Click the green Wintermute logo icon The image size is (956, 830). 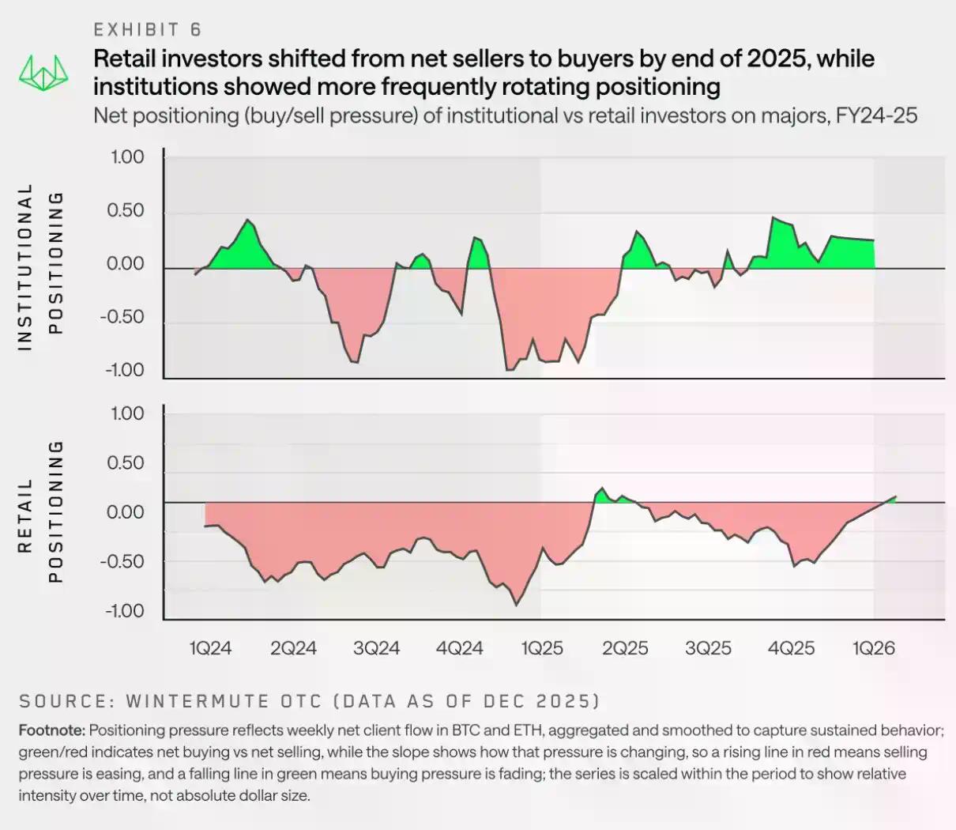43,73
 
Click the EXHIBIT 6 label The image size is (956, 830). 148,30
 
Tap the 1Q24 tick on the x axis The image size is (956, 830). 210,648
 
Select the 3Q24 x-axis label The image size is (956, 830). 376,648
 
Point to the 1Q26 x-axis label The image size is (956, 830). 874,648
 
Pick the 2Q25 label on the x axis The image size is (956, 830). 625,648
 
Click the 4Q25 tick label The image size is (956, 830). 791,648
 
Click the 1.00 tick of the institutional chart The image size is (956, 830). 127,157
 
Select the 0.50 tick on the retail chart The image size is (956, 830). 126,462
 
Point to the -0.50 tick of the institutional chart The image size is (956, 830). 122,317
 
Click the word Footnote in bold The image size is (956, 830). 51,730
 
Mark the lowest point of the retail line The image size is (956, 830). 517,606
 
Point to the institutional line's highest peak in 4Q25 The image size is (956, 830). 773,217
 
